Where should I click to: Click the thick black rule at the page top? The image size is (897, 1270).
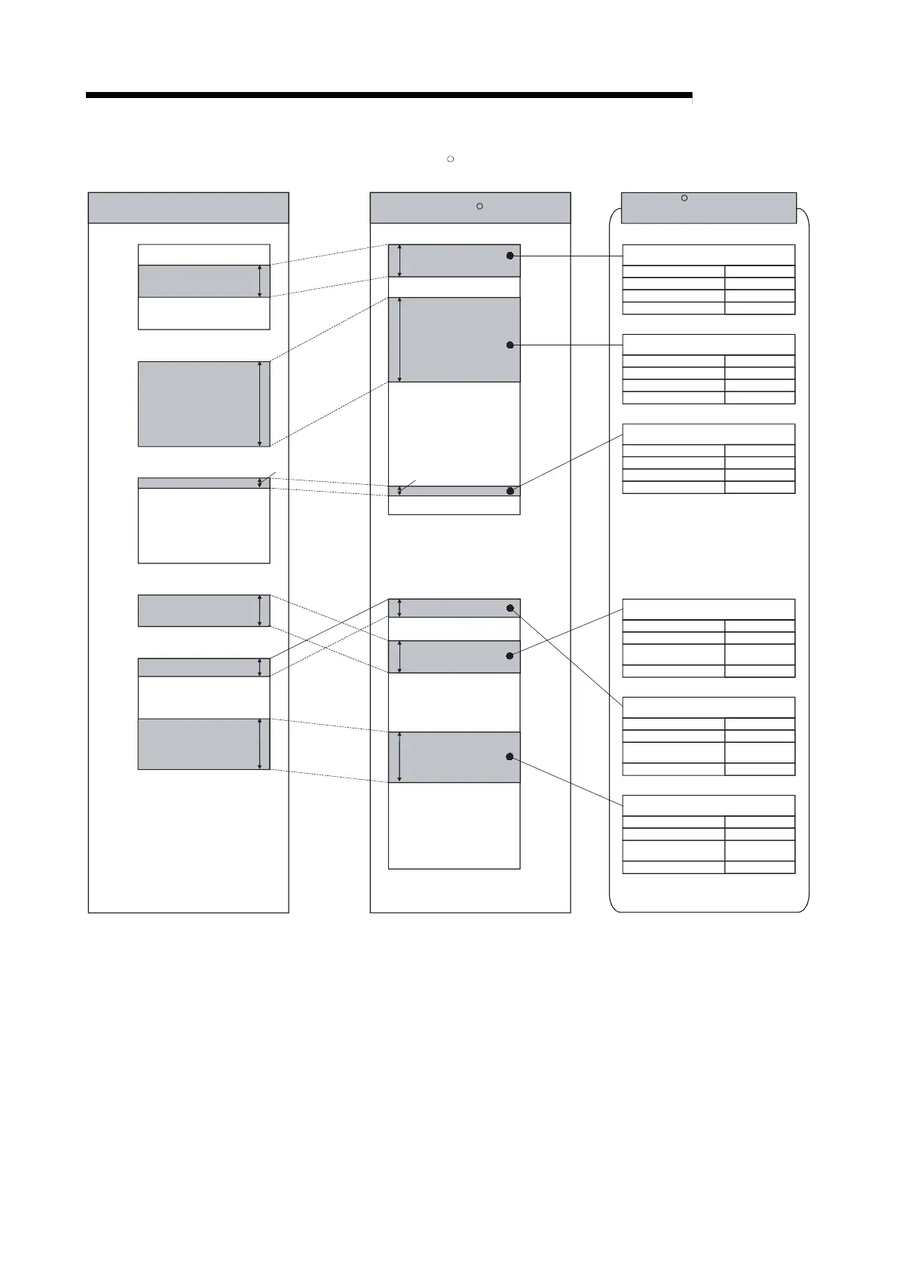pos(388,96)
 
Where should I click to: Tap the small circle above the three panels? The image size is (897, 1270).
pos(450,159)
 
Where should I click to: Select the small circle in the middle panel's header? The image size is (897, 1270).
pos(479,206)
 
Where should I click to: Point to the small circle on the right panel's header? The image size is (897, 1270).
pos(684,198)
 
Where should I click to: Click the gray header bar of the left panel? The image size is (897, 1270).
pos(188,207)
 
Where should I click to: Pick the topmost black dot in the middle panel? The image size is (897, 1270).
pos(510,256)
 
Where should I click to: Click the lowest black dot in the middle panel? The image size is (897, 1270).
pos(510,756)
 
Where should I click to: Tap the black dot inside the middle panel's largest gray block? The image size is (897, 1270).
pos(510,345)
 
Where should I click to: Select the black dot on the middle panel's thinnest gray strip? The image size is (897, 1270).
pos(510,491)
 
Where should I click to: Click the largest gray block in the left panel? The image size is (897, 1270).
pos(197,404)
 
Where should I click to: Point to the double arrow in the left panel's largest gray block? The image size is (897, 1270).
pos(259,404)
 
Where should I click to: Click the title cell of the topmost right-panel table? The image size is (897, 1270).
pos(709,255)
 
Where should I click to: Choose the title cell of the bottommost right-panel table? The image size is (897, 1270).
pos(709,805)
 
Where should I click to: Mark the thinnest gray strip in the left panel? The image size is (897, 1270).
pos(197,483)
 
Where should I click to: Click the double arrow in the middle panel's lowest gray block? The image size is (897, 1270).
pos(400,757)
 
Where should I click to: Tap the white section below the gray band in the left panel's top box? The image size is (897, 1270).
pos(204,314)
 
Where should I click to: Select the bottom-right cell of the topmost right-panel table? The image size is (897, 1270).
pos(760,308)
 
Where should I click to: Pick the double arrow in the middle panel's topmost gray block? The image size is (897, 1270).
pos(400,260)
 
